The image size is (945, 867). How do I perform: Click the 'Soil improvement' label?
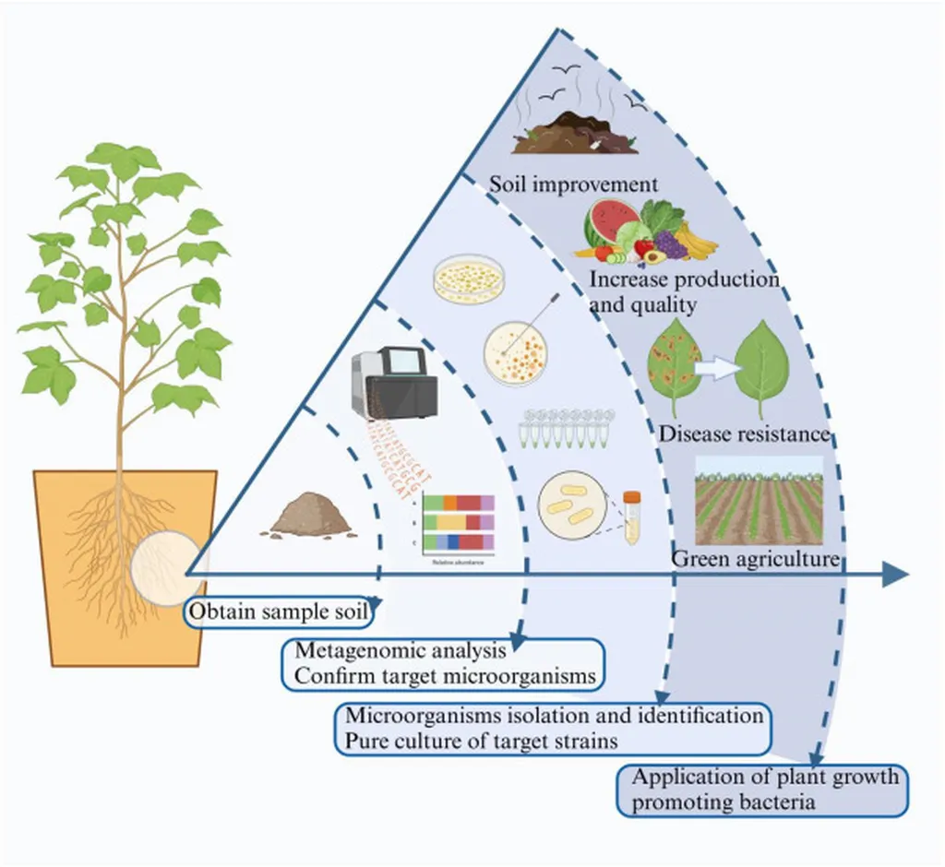pos(573,184)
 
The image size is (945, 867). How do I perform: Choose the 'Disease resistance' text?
pos(744,433)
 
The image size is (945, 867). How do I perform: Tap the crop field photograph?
pos(758,499)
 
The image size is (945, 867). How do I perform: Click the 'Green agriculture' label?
pos(755,558)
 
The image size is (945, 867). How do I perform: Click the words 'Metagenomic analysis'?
pos(400,651)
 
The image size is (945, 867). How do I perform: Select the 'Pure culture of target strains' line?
pos(481,741)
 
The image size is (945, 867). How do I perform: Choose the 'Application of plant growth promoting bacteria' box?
pos(764,790)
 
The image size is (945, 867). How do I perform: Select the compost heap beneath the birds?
pos(575,136)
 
